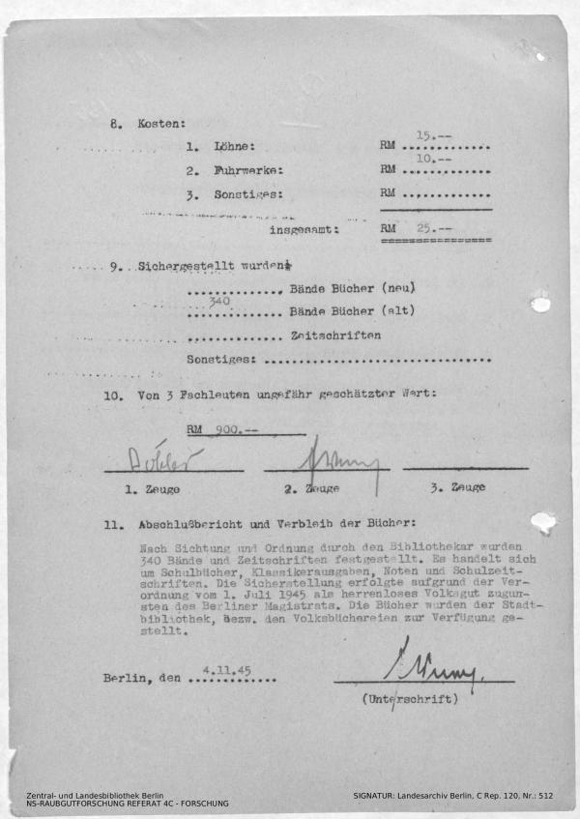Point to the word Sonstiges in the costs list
pos(248,194)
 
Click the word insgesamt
pos(304,230)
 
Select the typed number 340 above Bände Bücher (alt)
pos(219,301)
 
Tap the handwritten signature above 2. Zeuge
pos(324,455)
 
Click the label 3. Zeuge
pos(457,488)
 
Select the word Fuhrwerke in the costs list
pos(248,170)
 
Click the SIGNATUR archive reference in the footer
pos(452,794)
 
